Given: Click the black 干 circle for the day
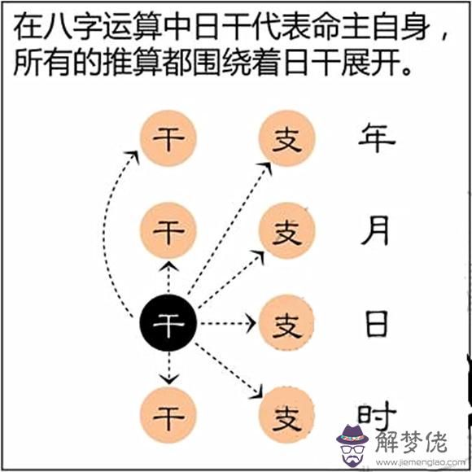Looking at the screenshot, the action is [x=168, y=323].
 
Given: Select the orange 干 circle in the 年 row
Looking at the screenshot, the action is [x=168, y=138].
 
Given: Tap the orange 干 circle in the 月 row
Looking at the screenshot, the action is [x=168, y=230].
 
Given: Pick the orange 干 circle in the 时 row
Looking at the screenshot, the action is [x=168, y=415].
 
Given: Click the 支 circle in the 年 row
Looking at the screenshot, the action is [x=287, y=138].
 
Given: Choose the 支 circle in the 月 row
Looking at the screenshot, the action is [x=287, y=230].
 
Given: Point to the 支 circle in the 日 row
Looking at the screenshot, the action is [x=287, y=323].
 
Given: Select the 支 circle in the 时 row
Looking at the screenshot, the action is [x=287, y=415].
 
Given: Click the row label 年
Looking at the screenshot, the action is [x=377, y=139].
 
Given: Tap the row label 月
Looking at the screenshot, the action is [x=375, y=230].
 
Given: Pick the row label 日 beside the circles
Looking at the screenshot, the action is [x=376, y=324].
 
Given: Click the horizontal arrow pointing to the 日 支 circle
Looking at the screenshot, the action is [x=228, y=323].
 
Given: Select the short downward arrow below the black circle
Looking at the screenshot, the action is [x=168, y=368].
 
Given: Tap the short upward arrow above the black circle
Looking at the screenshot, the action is [x=168, y=278].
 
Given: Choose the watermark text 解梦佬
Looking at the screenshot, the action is [x=411, y=442].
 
